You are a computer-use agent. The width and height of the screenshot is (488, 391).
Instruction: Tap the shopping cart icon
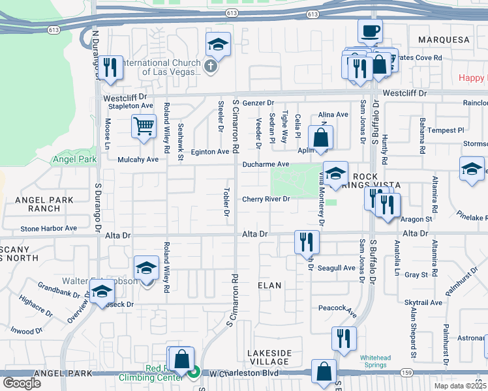144,126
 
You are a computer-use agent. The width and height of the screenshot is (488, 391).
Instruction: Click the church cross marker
210,66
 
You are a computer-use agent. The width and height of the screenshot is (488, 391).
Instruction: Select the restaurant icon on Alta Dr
306,242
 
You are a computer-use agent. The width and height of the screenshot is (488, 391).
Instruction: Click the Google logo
22,383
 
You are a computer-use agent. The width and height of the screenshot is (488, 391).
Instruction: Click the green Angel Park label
74,159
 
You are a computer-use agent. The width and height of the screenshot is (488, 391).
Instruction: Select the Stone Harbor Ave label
48,229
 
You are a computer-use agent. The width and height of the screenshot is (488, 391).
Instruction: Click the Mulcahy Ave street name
138,160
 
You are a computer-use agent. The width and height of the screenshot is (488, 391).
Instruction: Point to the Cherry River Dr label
266,199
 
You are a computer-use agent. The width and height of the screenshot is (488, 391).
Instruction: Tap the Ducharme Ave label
266,165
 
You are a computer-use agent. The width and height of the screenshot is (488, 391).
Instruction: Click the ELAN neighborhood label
269,285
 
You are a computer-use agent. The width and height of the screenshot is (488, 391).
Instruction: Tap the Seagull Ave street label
337,268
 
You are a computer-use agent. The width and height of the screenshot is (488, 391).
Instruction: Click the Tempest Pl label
446,130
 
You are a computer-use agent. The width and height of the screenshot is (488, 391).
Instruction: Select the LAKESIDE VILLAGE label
269,357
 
